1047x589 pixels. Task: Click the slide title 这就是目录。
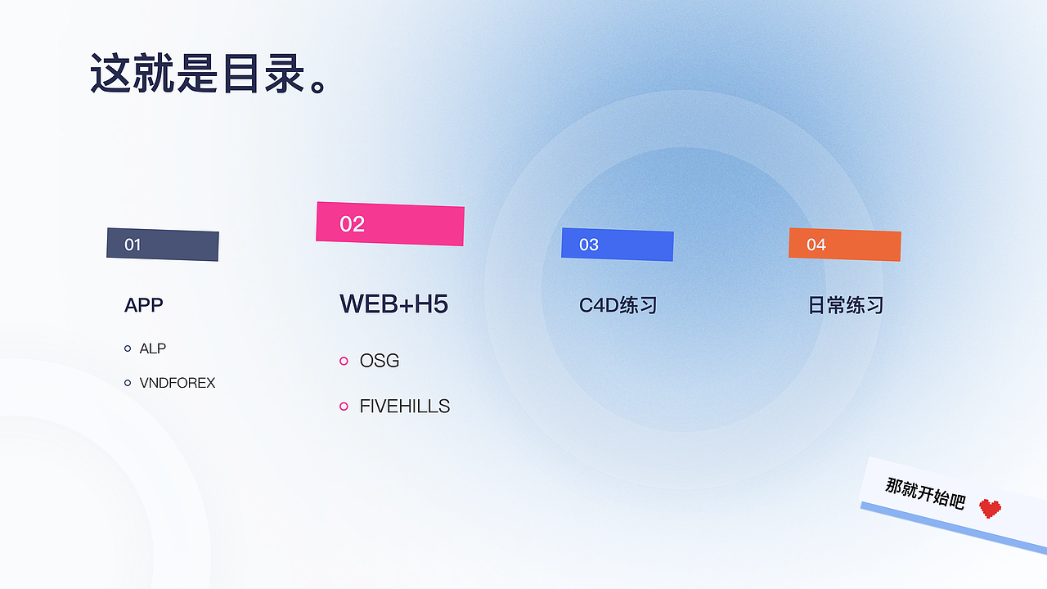[209, 74]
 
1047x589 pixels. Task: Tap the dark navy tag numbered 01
[163, 245]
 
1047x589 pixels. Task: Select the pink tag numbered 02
[390, 223]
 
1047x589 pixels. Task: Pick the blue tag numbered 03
[618, 245]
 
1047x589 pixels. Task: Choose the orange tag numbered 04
[845, 245]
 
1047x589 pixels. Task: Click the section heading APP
[144, 305]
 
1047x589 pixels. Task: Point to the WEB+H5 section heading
[394, 303]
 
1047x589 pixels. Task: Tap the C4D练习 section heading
[618, 305]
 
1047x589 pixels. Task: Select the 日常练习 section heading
[846, 305]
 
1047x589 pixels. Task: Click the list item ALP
[153, 348]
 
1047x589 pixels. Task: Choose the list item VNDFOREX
[177, 383]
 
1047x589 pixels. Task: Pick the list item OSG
[380, 361]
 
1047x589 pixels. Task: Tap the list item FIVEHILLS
[405, 407]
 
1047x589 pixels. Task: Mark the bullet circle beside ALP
[128, 348]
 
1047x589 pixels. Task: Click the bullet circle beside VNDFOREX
[128, 383]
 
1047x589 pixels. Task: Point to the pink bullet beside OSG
[344, 361]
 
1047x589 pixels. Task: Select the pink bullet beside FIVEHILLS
[344, 407]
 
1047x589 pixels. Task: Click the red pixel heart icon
[990, 509]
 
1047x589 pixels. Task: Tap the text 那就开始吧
[925, 493]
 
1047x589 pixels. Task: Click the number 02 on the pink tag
[353, 224]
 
